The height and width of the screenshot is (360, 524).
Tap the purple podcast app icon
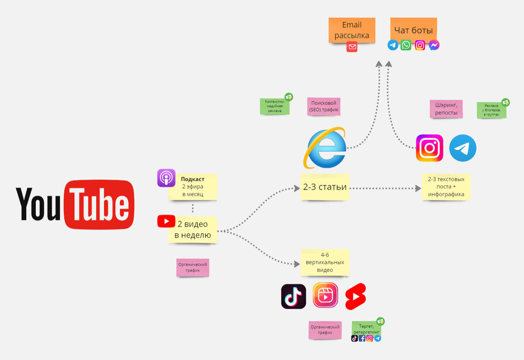coord(166,178)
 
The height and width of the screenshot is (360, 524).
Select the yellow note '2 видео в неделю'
coord(193,229)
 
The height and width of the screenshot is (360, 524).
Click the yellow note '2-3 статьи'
coord(325,187)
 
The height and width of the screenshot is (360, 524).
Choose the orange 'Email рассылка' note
coord(352,30)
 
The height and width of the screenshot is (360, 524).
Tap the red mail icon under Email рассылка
coord(352,47)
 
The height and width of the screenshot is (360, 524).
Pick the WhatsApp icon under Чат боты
coord(406,45)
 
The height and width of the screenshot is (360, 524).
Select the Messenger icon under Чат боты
coord(434,45)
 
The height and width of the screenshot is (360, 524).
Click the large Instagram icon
coord(429,148)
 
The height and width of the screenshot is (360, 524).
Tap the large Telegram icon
coord(462,148)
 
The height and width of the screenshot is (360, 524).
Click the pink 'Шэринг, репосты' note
coord(446,109)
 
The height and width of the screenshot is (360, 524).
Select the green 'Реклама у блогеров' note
coord(492,110)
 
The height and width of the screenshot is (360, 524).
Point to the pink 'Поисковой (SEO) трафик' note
coord(324,106)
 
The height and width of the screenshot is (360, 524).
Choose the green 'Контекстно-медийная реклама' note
coord(275,106)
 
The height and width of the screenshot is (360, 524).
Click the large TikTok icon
coord(293,297)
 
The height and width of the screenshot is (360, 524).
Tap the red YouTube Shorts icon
coord(355,297)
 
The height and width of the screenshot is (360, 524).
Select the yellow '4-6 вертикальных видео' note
coord(325,262)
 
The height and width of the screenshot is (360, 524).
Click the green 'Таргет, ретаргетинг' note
coord(366,329)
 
